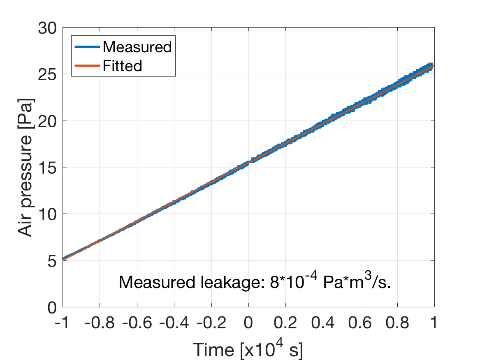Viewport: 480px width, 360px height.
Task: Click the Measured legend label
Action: pyautogui.click(x=137, y=47)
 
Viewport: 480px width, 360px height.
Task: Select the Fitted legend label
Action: pyautogui.click(x=122, y=65)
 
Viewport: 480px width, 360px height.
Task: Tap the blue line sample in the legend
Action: pyautogui.click(x=87, y=47)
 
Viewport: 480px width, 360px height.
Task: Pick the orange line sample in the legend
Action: pyautogui.click(x=87, y=65)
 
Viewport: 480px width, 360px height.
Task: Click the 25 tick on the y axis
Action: pyautogui.click(x=48, y=74)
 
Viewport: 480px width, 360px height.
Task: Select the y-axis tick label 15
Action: pyautogui.click(x=48, y=167)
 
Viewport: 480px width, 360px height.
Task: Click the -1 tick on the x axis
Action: pyautogui.click(x=63, y=324)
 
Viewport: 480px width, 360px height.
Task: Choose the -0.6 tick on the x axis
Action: pyautogui.click(x=137, y=324)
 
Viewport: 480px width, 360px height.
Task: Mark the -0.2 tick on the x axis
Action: pyautogui.click(x=211, y=324)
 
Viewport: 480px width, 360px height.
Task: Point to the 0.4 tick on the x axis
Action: pyautogui.click(x=323, y=324)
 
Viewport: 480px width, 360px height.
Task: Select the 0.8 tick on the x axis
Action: pyautogui.click(x=397, y=324)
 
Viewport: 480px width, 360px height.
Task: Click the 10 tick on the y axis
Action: pyautogui.click(x=48, y=214)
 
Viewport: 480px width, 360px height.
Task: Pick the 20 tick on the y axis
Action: pyautogui.click(x=48, y=121)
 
